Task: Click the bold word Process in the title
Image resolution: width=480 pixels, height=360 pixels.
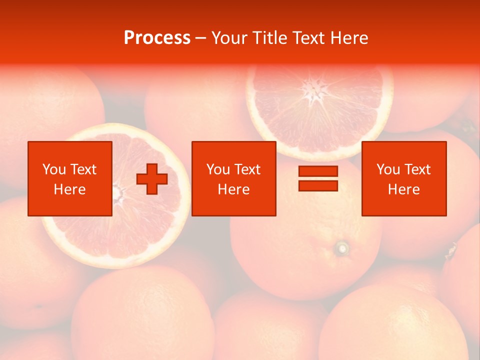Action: [157, 38]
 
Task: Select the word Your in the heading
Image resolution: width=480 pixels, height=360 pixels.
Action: [230, 38]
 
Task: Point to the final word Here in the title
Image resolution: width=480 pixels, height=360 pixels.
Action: [350, 38]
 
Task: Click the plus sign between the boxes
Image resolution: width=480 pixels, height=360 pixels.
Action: [152, 178]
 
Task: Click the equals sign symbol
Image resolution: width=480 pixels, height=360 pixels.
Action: [318, 178]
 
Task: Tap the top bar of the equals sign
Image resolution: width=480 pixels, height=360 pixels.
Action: [318, 171]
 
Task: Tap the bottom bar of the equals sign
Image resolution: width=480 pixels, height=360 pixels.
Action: [318, 185]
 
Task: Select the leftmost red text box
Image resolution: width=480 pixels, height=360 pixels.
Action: [70, 178]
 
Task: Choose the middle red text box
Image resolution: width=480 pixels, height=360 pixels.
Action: [233, 178]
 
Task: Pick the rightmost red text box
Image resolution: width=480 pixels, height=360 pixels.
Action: [404, 178]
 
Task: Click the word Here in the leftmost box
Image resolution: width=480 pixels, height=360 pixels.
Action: [70, 189]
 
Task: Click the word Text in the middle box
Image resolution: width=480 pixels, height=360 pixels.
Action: [247, 169]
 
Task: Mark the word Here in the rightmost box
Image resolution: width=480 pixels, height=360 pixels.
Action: [404, 189]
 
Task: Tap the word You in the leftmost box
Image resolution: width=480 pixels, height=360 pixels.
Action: [54, 169]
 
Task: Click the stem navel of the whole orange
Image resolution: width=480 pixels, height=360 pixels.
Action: [342, 247]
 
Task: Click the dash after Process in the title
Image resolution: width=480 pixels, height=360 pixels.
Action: [201, 38]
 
